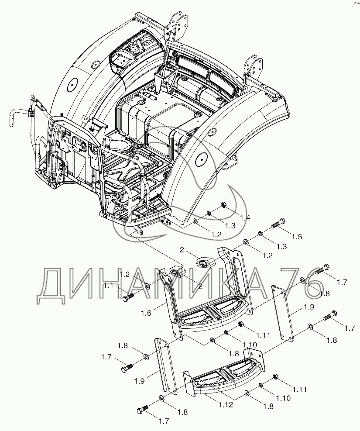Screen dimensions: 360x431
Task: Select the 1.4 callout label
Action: [244, 217]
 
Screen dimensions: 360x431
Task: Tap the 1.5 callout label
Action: [297, 237]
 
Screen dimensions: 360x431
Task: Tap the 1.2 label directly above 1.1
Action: [124, 275]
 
